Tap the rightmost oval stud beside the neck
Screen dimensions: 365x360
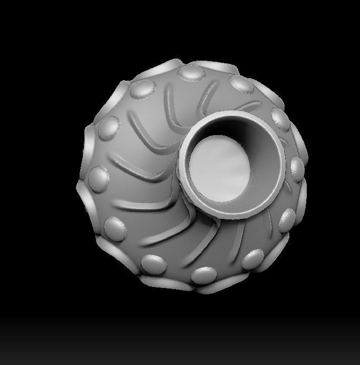297,168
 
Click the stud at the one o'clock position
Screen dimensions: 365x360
240,84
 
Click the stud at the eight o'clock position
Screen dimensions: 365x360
116,227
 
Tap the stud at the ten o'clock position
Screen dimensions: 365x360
109,127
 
